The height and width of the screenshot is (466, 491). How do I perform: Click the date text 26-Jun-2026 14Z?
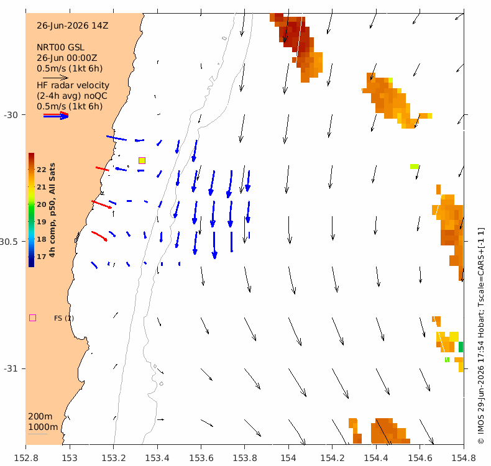pos(72,25)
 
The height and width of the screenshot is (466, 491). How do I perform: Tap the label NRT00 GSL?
pos(60,47)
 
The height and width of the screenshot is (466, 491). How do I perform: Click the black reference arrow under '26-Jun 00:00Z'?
pos(55,78)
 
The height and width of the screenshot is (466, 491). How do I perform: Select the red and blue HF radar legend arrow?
pos(56,116)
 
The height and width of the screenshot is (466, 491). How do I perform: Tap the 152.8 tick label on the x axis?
pos(26,458)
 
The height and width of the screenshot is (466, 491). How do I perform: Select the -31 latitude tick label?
pos(11,368)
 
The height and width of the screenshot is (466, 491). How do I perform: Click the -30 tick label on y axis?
pos(11,115)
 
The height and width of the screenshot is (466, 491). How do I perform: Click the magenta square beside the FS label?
pos(32,318)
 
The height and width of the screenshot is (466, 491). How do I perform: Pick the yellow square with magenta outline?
pos(142,160)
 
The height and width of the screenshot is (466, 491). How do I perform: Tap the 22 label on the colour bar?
pos(42,170)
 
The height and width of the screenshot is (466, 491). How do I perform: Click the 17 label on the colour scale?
pos(42,257)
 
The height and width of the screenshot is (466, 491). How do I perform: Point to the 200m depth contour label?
pos(40,416)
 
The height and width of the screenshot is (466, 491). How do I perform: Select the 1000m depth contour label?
pos(43,427)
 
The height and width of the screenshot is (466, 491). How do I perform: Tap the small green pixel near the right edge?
pos(461,347)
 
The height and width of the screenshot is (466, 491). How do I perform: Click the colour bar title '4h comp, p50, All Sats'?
pos(52,209)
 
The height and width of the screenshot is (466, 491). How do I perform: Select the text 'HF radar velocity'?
pos(73,85)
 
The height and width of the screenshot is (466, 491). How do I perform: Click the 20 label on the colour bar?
pos(42,204)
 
